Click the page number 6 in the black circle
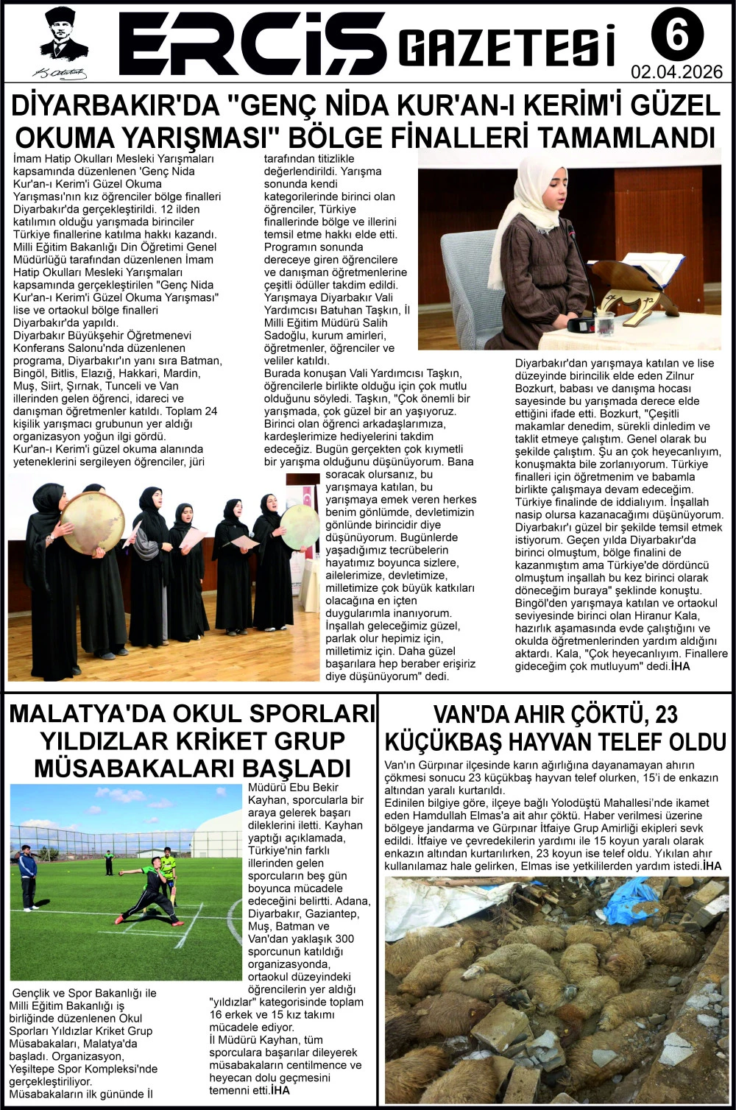click(676, 34)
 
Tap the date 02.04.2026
click(676, 72)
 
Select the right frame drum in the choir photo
click(299, 526)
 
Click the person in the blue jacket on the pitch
click(28, 876)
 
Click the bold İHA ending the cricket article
click(280, 1089)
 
